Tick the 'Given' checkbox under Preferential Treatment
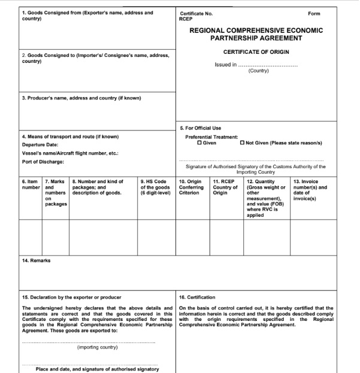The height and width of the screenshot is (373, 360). pos(200,143)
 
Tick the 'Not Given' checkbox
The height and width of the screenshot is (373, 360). pos(242,143)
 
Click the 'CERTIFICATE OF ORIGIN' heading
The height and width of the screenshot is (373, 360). pos(257,53)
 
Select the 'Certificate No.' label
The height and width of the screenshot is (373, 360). pos(196,13)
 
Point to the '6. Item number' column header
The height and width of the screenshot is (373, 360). pos(31,184)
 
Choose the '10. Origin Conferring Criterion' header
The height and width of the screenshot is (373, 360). pos(192,187)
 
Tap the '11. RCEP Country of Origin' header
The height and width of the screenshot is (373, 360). pos(226,187)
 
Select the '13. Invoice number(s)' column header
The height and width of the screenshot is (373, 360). pos(310,187)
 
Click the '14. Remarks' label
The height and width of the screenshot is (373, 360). pos(36,260)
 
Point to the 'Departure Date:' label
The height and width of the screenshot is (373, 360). pos(40,144)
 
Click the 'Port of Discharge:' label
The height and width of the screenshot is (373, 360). pos(43,162)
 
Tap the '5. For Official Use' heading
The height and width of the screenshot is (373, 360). pos(201,128)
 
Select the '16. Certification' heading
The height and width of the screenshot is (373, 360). pos(198,297)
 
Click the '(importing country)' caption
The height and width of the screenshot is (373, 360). pos(97,347)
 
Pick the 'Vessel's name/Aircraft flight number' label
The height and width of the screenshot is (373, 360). pos(69,153)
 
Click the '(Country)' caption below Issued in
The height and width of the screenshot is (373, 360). pos(258,71)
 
